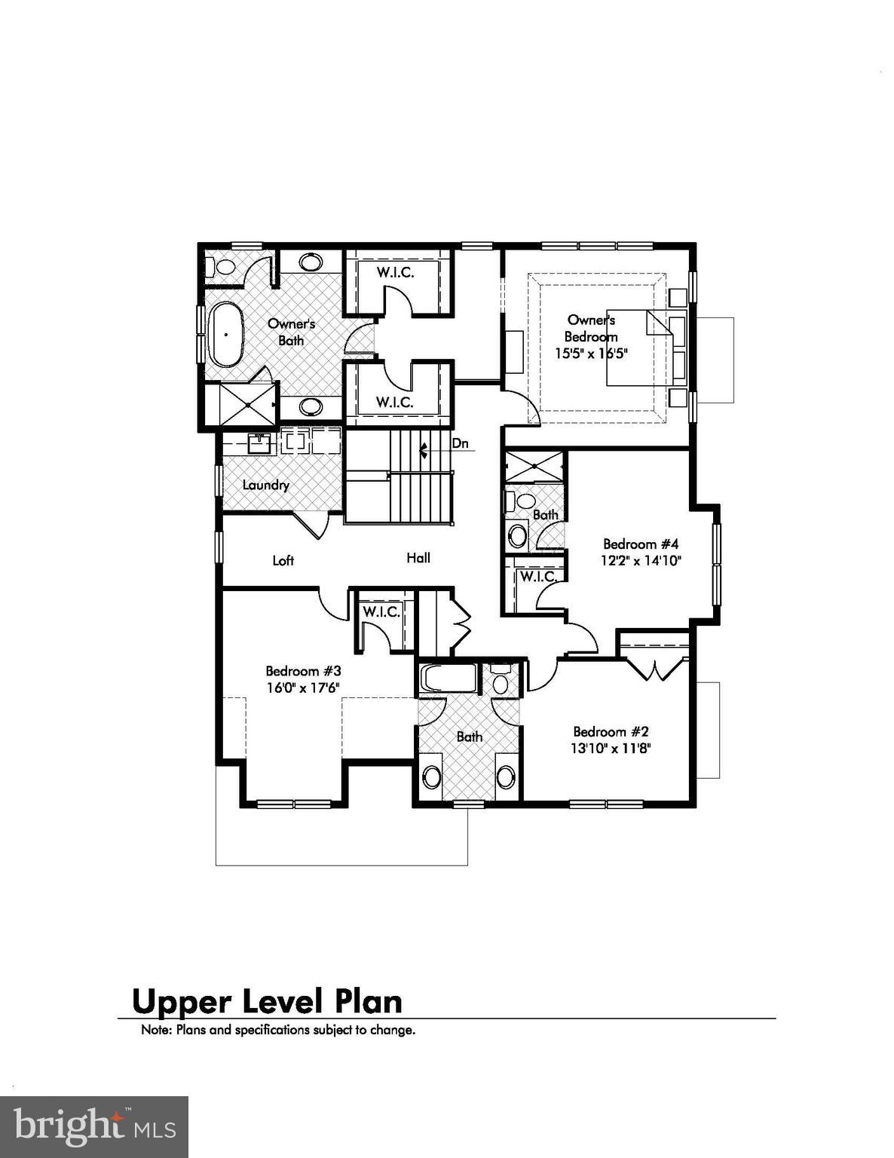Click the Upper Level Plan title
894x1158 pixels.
point(267,1001)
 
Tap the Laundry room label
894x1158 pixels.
point(265,485)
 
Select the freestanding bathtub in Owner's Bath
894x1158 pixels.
point(225,334)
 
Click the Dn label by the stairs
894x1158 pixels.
point(460,443)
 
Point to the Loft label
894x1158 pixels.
point(283,560)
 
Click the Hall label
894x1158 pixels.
point(418,558)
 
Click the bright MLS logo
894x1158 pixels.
point(94,1127)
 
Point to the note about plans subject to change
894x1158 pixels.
point(278,1030)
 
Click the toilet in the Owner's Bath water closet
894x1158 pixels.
point(224,266)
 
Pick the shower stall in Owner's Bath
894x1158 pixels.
point(248,406)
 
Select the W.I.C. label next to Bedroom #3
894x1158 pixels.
point(381,611)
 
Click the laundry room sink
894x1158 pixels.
point(259,443)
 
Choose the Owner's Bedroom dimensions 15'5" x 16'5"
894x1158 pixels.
point(592,353)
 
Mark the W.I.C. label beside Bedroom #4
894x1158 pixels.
point(538,577)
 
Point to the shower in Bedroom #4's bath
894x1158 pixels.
point(534,467)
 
